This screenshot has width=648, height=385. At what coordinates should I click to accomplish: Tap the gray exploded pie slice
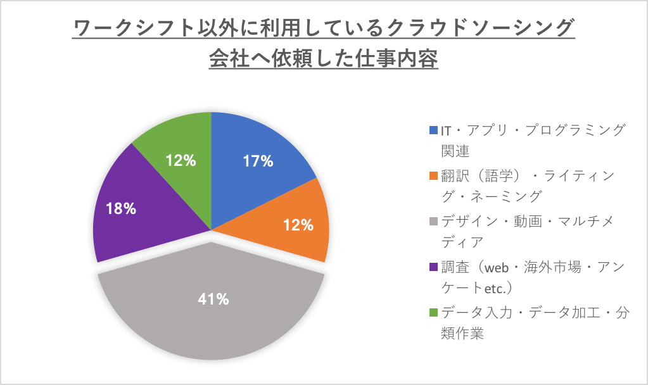pyautogui.click(x=212, y=317)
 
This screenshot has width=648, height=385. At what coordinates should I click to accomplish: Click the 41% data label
pyautogui.click(x=213, y=300)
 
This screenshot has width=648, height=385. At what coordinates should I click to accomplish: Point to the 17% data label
pyautogui.click(x=258, y=161)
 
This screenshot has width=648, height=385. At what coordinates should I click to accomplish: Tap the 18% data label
pyautogui.click(x=121, y=208)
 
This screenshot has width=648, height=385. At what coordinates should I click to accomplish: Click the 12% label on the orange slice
pyautogui.click(x=298, y=225)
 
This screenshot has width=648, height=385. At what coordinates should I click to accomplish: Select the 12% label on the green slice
pyautogui.click(x=181, y=161)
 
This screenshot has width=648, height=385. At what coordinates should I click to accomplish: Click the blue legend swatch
pyautogui.click(x=433, y=130)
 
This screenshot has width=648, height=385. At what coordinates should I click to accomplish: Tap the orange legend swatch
pyautogui.click(x=433, y=175)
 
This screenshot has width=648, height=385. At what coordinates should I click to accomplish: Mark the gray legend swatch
pyautogui.click(x=433, y=221)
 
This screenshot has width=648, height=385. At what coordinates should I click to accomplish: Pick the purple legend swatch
pyautogui.click(x=433, y=267)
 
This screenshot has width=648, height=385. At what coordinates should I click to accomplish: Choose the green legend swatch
pyautogui.click(x=433, y=312)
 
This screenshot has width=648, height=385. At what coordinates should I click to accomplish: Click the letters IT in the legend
pyautogui.click(x=446, y=130)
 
